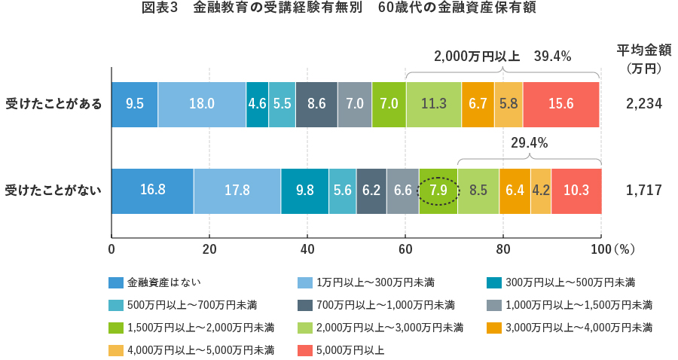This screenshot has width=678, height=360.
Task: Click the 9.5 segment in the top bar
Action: (135, 104)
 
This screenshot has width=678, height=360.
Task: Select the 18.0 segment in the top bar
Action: (202, 104)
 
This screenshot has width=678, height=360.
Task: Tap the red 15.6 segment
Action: (561, 104)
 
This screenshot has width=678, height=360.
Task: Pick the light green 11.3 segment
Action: (434, 104)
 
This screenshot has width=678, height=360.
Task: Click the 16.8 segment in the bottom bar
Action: (153, 191)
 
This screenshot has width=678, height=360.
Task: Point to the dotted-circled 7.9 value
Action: (438, 191)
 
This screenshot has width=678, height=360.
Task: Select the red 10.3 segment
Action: (576, 191)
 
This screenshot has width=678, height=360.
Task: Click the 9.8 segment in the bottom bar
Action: (305, 191)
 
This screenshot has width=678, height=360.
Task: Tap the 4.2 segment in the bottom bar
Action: (541, 191)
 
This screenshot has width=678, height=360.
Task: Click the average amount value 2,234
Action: (643, 104)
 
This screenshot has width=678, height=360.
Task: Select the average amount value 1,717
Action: (643, 191)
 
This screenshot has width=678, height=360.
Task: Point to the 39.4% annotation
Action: (553, 56)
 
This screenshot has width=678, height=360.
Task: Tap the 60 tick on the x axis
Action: (405, 248)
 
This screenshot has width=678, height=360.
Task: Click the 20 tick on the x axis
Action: (209, 248)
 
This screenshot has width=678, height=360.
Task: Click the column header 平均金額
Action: (643, 50)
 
